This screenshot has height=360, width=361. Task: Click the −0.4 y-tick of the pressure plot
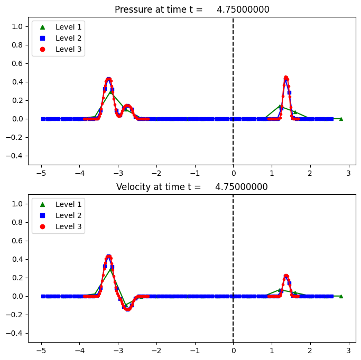[x=15, y=156]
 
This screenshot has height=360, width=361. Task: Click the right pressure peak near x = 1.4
[x=286, y=78]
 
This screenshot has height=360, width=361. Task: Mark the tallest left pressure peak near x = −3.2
[x=108, y=79]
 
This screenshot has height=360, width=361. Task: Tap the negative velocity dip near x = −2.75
[x=127, y=309]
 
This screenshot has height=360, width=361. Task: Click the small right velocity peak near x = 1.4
[x=286, y=276]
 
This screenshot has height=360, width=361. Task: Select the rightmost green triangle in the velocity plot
[x=341, y=296]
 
